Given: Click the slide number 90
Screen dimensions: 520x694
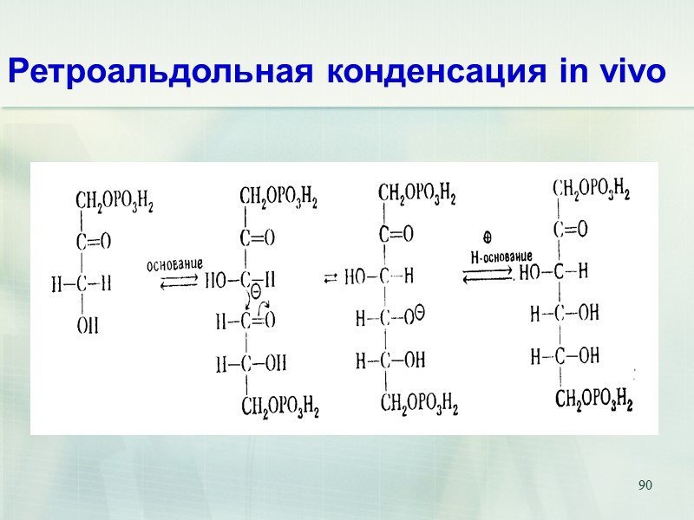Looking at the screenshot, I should tap(645, 484).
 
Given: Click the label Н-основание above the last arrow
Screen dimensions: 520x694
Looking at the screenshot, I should tap(501, 257).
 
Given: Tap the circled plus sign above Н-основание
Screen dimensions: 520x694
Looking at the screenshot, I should tap(488, 237).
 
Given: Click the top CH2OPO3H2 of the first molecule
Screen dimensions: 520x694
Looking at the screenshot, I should tap(115, 202).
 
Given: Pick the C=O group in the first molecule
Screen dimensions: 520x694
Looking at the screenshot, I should tap(94, 243).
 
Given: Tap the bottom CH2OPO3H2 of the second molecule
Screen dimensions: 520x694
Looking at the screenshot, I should tap(279, 406).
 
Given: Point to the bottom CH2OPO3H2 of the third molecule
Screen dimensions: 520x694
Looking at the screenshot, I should tap(419, 402).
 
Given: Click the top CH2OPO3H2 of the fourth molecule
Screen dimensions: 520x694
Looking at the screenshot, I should tap(591, 189).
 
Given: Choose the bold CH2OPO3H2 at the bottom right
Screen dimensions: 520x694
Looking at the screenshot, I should tap(593, 400).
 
